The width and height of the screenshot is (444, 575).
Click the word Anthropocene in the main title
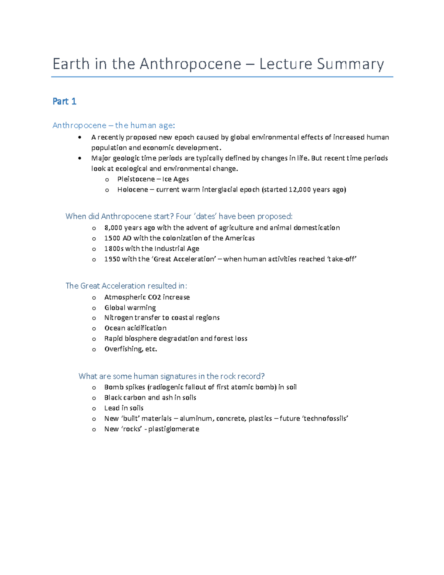pos(190,64)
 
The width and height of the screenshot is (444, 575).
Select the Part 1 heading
pos(64,101)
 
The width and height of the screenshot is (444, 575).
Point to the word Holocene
pos(132,190)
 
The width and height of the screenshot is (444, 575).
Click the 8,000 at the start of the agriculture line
pos(113,228)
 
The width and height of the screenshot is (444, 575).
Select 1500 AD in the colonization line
pos(118,238)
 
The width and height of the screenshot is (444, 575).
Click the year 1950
pos(112,259)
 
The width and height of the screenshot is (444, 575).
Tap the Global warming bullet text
pos(130,308)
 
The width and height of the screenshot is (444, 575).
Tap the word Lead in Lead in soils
pos(111,408)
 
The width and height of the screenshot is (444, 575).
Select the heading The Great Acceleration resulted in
pos(126,286)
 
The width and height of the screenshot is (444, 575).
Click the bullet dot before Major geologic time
pos(80,158)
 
